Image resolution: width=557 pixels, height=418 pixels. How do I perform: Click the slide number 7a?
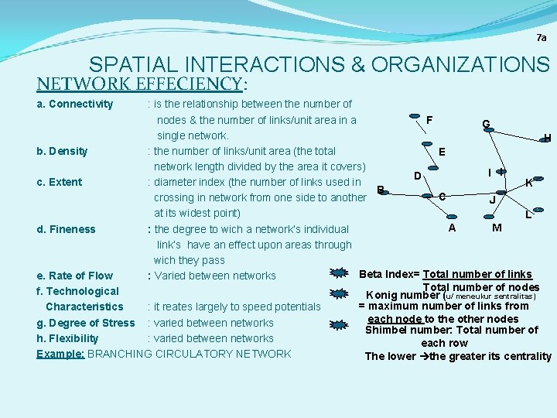pyautogui.click(x=541, y=37)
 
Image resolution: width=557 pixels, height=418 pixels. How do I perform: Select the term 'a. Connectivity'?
pyautogui.click(x=75, y=104)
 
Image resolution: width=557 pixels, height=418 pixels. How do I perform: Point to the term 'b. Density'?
pyautogui.click(x=62, y=151)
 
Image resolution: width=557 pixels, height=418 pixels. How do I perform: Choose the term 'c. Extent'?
pyautogui.click(x=60, y=182)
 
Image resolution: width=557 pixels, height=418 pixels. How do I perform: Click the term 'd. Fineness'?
pyautogui.click(x=66, y=229)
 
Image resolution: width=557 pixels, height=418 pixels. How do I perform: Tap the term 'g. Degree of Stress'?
pyautogui.click(x=85, y=323)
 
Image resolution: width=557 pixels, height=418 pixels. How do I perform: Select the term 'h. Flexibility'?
pyautogui.click(x=67, y=338)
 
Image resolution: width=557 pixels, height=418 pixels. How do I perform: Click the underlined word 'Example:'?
pyautogui.click(x=60, y=354)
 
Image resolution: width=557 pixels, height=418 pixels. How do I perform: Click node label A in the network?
pyautogui.click(x=452, y=228)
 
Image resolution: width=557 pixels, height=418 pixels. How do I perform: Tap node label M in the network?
pyautogui.click(x=497, y=228)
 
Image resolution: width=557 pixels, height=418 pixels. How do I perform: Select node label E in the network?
pyautogui.click(x=441, y=152)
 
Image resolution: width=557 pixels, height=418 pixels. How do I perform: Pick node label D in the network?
pyautogui.click(x=417, y=176)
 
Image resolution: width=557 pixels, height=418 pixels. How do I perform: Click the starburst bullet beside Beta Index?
pyautogui.click(x=337, y=272)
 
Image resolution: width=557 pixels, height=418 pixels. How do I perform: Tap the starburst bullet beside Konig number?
pyautogui.click(x=337, y=294)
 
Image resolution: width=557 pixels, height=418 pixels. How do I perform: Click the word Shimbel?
pyautogui.click(x=388, y=331)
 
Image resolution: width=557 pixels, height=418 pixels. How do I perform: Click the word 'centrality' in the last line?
pyautogui.click(x=526, y=357)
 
